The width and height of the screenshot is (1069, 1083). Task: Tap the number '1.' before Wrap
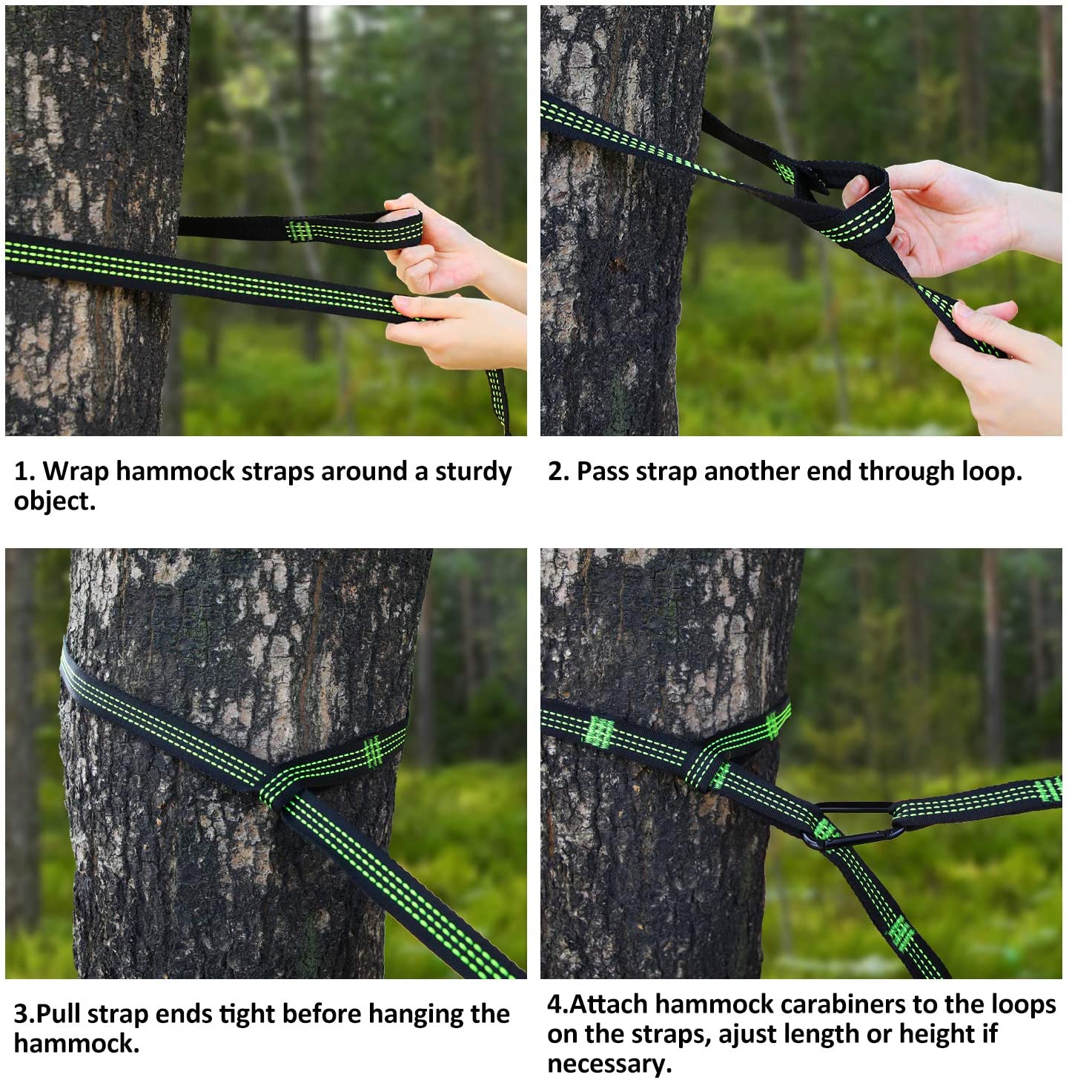[24, 472]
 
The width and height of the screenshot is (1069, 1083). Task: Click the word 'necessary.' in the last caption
[609, 1064]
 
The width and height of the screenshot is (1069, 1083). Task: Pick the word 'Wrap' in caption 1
[76, 472]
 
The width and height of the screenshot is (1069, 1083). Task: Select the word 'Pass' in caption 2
[601, 472]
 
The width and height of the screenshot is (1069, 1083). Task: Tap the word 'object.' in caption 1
[55, 501]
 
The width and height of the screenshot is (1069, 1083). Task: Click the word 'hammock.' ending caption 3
[76, 1044]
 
